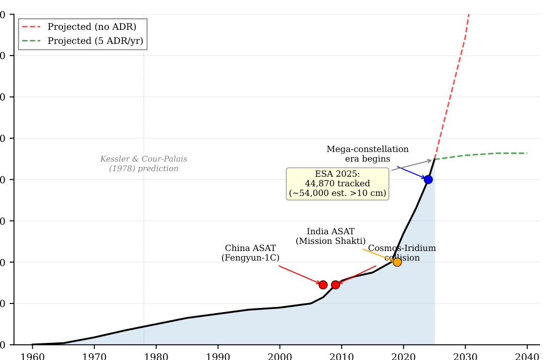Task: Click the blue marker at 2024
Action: [428, 179]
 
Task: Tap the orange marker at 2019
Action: [397, 262]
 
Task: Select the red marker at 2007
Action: [323, 285]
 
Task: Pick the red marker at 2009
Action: [336, 285]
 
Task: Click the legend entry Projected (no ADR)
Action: [92, 27]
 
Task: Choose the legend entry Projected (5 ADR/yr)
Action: [98, 41]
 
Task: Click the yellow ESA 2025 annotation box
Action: [338, 184]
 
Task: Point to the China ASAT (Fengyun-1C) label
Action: [250, 253]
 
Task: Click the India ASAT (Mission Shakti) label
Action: [330, 236]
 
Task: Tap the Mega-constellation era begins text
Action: [367, 154]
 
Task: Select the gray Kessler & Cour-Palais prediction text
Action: [143, 164]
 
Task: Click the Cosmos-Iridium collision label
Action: [402, 253]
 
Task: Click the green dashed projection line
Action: [484, 153]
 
